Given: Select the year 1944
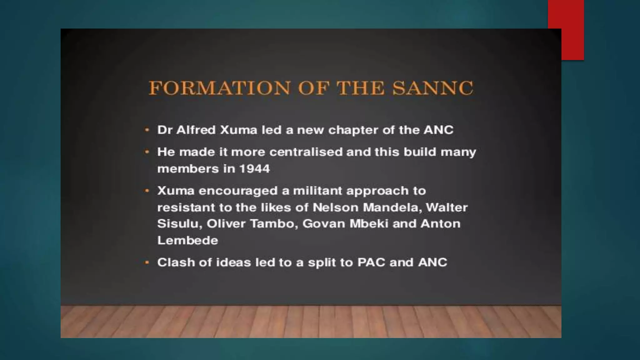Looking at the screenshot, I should (x=254, y=169).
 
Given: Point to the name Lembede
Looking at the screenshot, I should (x=187, y=241).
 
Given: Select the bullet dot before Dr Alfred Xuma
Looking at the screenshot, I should (x=147, y=130).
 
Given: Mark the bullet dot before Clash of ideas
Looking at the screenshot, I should (x=147, y=262).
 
